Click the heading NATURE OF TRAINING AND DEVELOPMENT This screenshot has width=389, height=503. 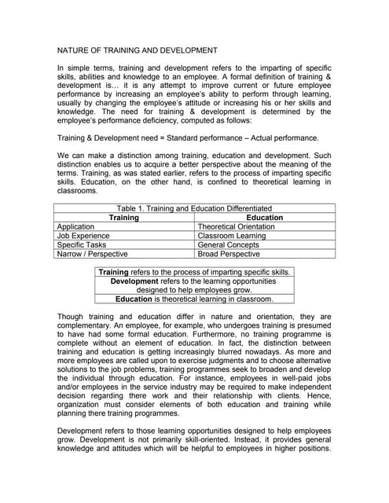[x=138, y=50]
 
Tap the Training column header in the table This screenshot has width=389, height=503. [x=123, y=217]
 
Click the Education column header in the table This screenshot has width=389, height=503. [x=265, y=217]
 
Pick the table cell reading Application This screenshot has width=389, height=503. [x=76, y=226]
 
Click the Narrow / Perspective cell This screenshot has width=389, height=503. [x=93, y=255]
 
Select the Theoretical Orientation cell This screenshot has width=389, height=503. [x=237, y=226]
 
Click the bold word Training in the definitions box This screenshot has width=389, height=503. [x=114, y=272]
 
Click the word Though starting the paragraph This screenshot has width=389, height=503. [x=72, y=317]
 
